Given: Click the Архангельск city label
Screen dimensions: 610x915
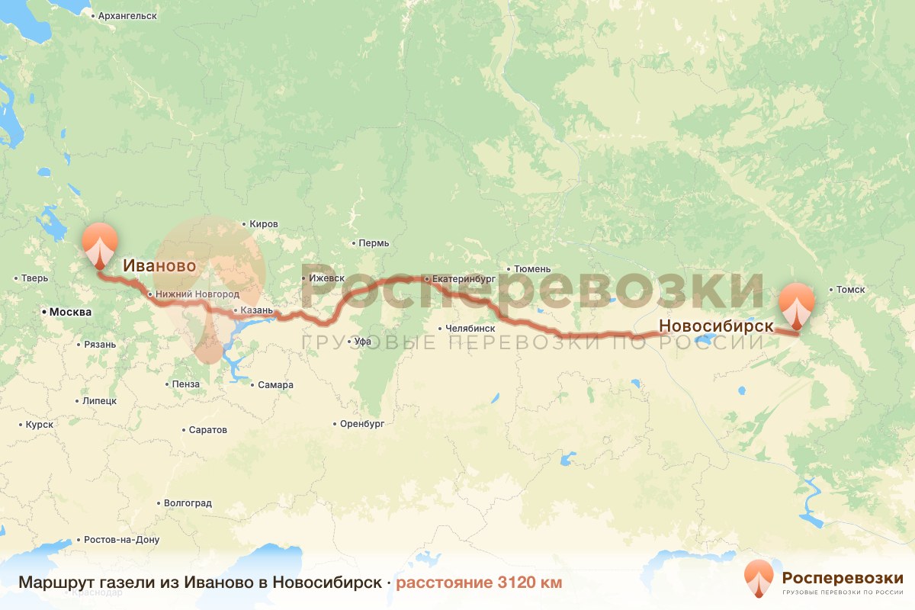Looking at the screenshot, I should click(127, 15).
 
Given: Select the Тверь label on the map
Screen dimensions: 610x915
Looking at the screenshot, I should click(35, 278).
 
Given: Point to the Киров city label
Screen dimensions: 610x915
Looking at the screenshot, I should click(264, 224).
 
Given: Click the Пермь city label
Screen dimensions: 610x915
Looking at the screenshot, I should click(374, 243).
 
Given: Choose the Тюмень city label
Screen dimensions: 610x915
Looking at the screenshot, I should click(532, 269).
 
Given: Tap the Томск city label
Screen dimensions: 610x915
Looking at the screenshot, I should click(850, 290).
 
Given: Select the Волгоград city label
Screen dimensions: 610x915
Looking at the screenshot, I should click(188, 503).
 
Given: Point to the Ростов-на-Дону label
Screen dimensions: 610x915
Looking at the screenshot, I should click(122, 540).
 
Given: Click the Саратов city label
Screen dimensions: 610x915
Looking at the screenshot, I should click(207, 430).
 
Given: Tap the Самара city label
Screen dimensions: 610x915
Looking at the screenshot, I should click(275, 385).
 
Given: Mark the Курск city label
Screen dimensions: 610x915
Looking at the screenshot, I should click(39, 425).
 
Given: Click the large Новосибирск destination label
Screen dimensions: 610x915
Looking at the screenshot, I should click(716, 326).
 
